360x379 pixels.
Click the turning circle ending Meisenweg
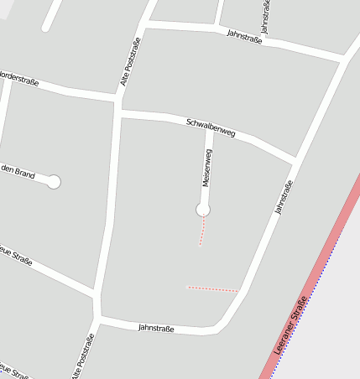(202, 209)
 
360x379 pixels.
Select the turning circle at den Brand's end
(55, 181)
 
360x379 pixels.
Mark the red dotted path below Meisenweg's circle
(201, 231)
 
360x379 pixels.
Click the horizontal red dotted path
(211, 288)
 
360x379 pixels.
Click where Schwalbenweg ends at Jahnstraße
(294, 159)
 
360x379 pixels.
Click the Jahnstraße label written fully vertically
(265, 18)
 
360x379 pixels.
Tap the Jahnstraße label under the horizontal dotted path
(156, 328)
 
